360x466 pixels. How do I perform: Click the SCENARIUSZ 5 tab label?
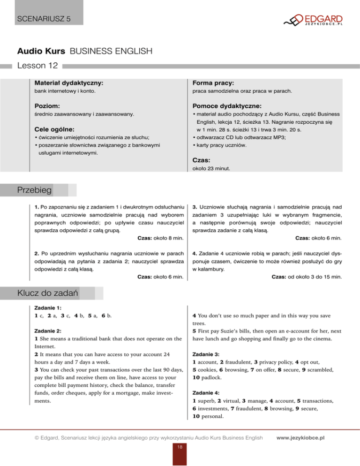(x=42, y=19)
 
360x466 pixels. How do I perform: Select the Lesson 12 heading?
(x=36, y=66)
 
